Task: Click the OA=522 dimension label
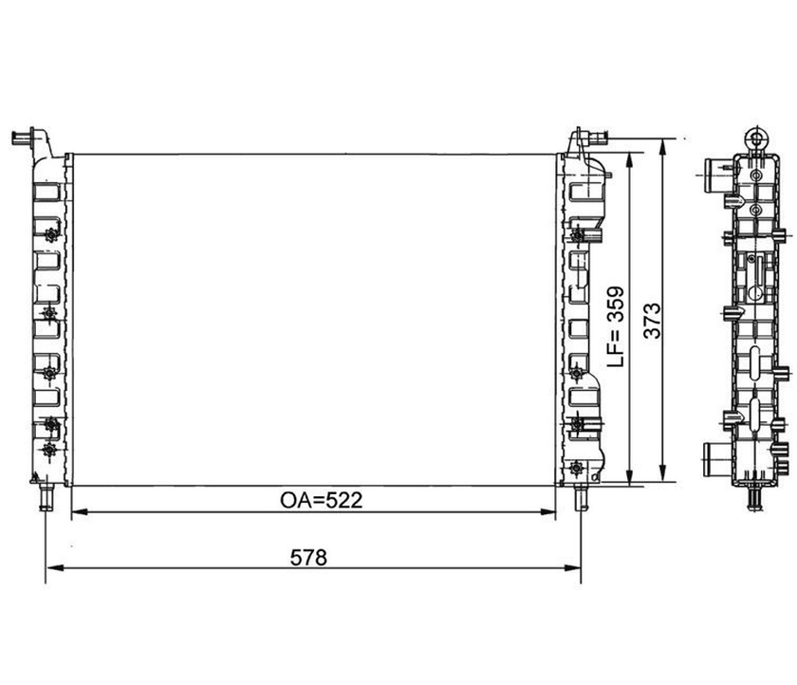click(322, 501)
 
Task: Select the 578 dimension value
click(308, 558)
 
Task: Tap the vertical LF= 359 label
click(616, 326)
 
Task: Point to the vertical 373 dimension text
click(652, 321)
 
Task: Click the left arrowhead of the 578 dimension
click(54, 567)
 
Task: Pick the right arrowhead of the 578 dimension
click(572, 567)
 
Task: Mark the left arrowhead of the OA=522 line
click(80, 511)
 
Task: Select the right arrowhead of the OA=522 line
click(547, 511)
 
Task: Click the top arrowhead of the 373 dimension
click(662, 148)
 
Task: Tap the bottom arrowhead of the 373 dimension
click(662, 472)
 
